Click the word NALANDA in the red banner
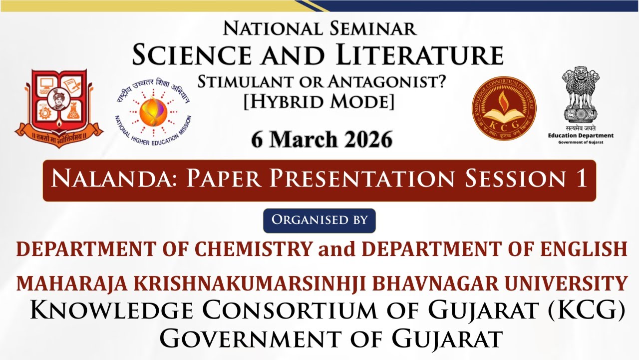pyautogui.click(x=114, y=179)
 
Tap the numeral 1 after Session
pyautogui.click(x=581, y=179)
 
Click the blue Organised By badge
pyautogui.click(x=319, y=220)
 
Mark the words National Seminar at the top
pyautogui.click(x=319, y=28)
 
